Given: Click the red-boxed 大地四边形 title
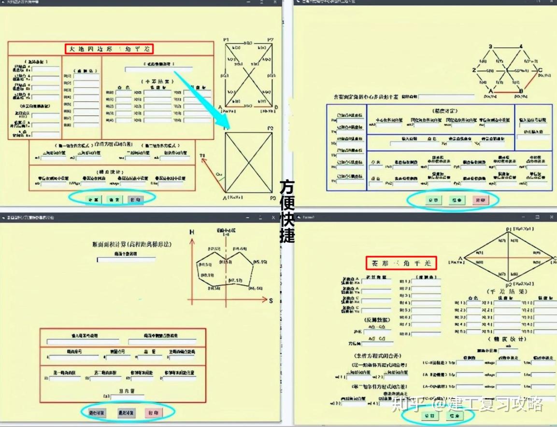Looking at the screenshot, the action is coord(109,49).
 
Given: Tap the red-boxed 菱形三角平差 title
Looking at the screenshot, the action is coord(401,263).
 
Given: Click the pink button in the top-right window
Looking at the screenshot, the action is coord(480,200).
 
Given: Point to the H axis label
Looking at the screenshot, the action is coord(192,232).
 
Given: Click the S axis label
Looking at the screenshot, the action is coord(271,301).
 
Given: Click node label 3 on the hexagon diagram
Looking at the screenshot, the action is coord(490,47).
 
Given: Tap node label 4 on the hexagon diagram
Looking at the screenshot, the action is coord(521,47).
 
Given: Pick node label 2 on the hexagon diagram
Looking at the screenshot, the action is coord(474,70).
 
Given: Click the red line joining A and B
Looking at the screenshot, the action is coord(506,92).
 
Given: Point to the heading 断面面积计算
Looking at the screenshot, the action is coord(131,245).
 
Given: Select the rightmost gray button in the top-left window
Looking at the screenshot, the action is coord(136,199).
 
